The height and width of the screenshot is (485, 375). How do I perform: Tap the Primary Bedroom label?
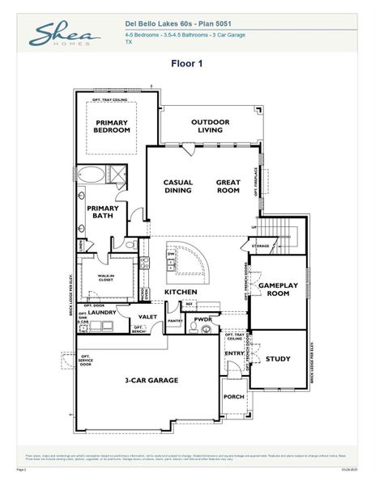112,126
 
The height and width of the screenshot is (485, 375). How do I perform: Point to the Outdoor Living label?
211,125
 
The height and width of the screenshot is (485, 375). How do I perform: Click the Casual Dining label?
177,187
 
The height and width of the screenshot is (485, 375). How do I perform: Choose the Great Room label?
228,187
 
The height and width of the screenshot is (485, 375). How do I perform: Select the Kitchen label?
181,291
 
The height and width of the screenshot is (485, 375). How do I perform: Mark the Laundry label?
103,310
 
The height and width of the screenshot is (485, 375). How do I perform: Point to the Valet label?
147,317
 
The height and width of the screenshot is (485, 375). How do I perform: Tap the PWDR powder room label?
202,320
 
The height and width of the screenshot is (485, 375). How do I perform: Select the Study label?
278,358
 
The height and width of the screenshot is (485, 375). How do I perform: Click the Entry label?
234,353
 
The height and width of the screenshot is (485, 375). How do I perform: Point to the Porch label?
233,397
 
